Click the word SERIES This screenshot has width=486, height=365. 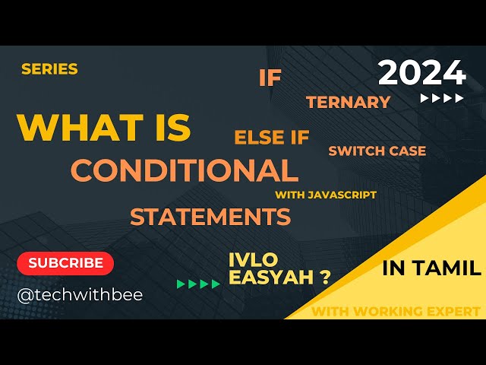(x=49, y=69)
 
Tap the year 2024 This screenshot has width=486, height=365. (x=421, y=72)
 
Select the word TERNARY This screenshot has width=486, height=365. (x=349, y=102)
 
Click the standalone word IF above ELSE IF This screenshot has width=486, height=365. (x=270, y=78)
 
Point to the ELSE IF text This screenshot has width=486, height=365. (x=272, y=138)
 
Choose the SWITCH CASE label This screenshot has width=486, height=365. (x=377, y=151)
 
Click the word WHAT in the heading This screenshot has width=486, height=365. (x=70, y=127)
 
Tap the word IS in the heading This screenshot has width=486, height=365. (x=166, y=127)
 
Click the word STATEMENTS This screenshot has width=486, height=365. (x=210, y=217)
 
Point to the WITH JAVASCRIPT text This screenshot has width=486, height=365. (x=326, y=195)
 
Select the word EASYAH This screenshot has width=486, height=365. (x=269, y=278)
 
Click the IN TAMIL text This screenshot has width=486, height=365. (x=431, y=268)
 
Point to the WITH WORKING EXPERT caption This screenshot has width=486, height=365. (x=396, y=311)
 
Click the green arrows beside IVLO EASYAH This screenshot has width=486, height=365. (x=199, y=284)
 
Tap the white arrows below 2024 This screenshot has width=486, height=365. (x=442, y=98)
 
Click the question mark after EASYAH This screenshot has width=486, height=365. (x=325, y=278)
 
